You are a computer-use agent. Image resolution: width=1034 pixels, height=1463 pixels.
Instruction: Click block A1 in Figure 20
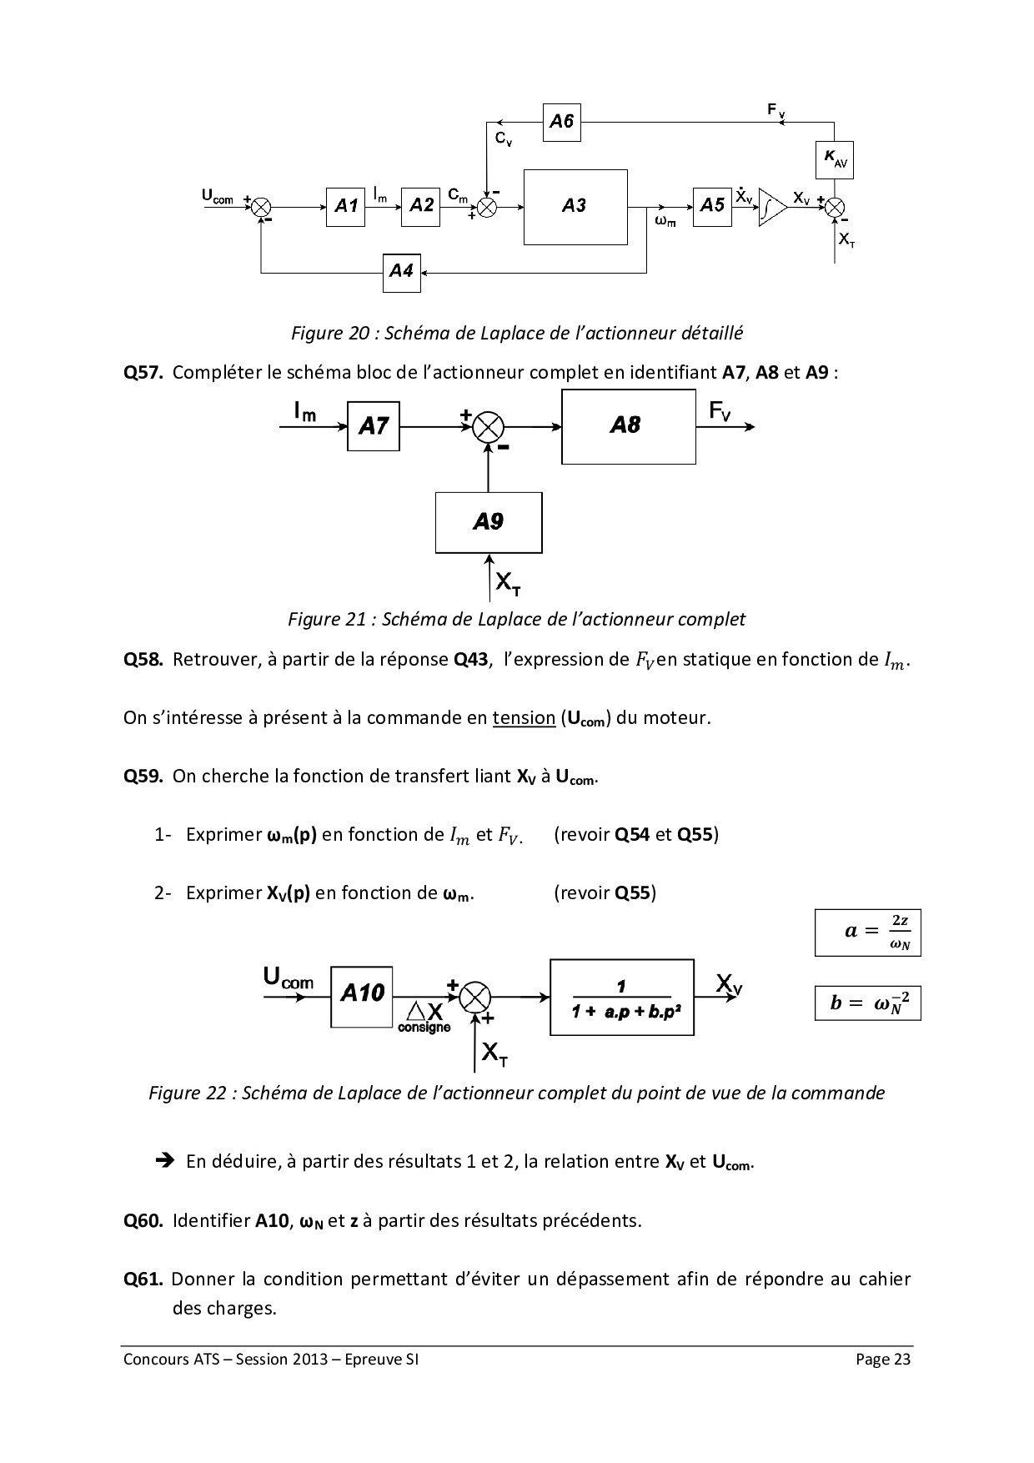tap(346, 205)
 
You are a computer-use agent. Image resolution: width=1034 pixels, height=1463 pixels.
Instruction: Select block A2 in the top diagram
tap(422, 205)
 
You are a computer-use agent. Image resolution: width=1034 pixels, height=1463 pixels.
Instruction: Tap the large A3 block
tap(575, 207)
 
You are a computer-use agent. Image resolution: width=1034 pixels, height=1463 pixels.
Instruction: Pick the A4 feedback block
tap(402, 272)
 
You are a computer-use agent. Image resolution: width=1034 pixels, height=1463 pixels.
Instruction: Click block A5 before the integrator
tap(712, 205)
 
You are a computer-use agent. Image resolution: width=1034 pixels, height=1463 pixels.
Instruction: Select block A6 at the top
tap(561, 122)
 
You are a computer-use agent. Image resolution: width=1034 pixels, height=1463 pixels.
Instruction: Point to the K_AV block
tap(834, 160)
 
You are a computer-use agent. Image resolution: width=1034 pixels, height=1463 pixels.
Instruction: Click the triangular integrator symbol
tap(771, 208)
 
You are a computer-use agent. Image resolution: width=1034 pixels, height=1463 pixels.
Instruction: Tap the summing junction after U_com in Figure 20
tap(261, 206)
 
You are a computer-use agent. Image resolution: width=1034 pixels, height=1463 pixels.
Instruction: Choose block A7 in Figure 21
tap(373, 426)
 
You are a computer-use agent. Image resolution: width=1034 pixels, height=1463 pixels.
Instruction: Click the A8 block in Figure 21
tap(628, 426)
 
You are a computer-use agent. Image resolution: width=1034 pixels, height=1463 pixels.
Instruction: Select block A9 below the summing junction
tap(488, 522)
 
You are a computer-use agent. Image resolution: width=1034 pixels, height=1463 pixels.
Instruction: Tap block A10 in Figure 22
tap(362, 996)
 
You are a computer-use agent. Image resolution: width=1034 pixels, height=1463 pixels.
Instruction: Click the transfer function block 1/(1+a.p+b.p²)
tap(621, 998)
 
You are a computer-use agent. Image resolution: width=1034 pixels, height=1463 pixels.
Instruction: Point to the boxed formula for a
tap(868, 933)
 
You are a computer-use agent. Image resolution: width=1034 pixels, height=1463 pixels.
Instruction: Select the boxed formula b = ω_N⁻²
tap(868, 1003)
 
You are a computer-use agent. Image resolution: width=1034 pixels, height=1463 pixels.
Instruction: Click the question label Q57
tap(142, 373)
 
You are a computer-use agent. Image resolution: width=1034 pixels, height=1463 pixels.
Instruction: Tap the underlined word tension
tap(524, 718)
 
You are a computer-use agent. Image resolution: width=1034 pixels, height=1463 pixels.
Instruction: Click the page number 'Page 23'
tap(883, 1360)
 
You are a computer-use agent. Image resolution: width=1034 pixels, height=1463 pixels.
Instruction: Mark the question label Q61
tap(142, 1279)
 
